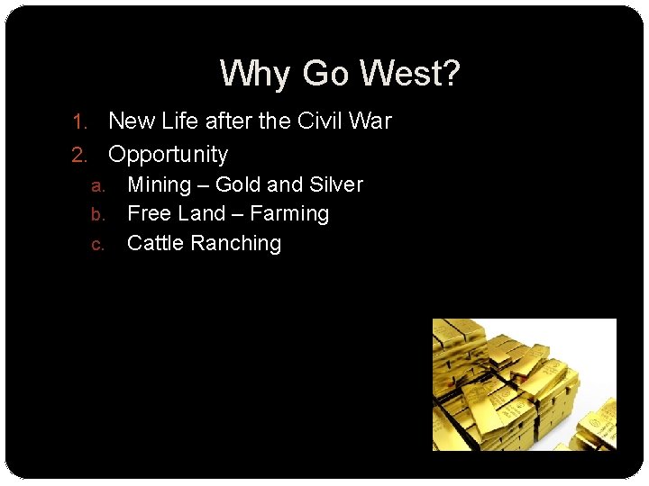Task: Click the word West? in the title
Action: [x=409, y=74]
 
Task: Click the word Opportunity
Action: [x=168, y=155]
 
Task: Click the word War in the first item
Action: [x=373, y=121]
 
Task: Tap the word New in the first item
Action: [x=132, y=121]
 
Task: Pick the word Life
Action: [x=179, y=121]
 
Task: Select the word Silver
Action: [x=335, y=185]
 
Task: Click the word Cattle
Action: [x=156, y=243]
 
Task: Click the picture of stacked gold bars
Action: [x=524, y=384]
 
